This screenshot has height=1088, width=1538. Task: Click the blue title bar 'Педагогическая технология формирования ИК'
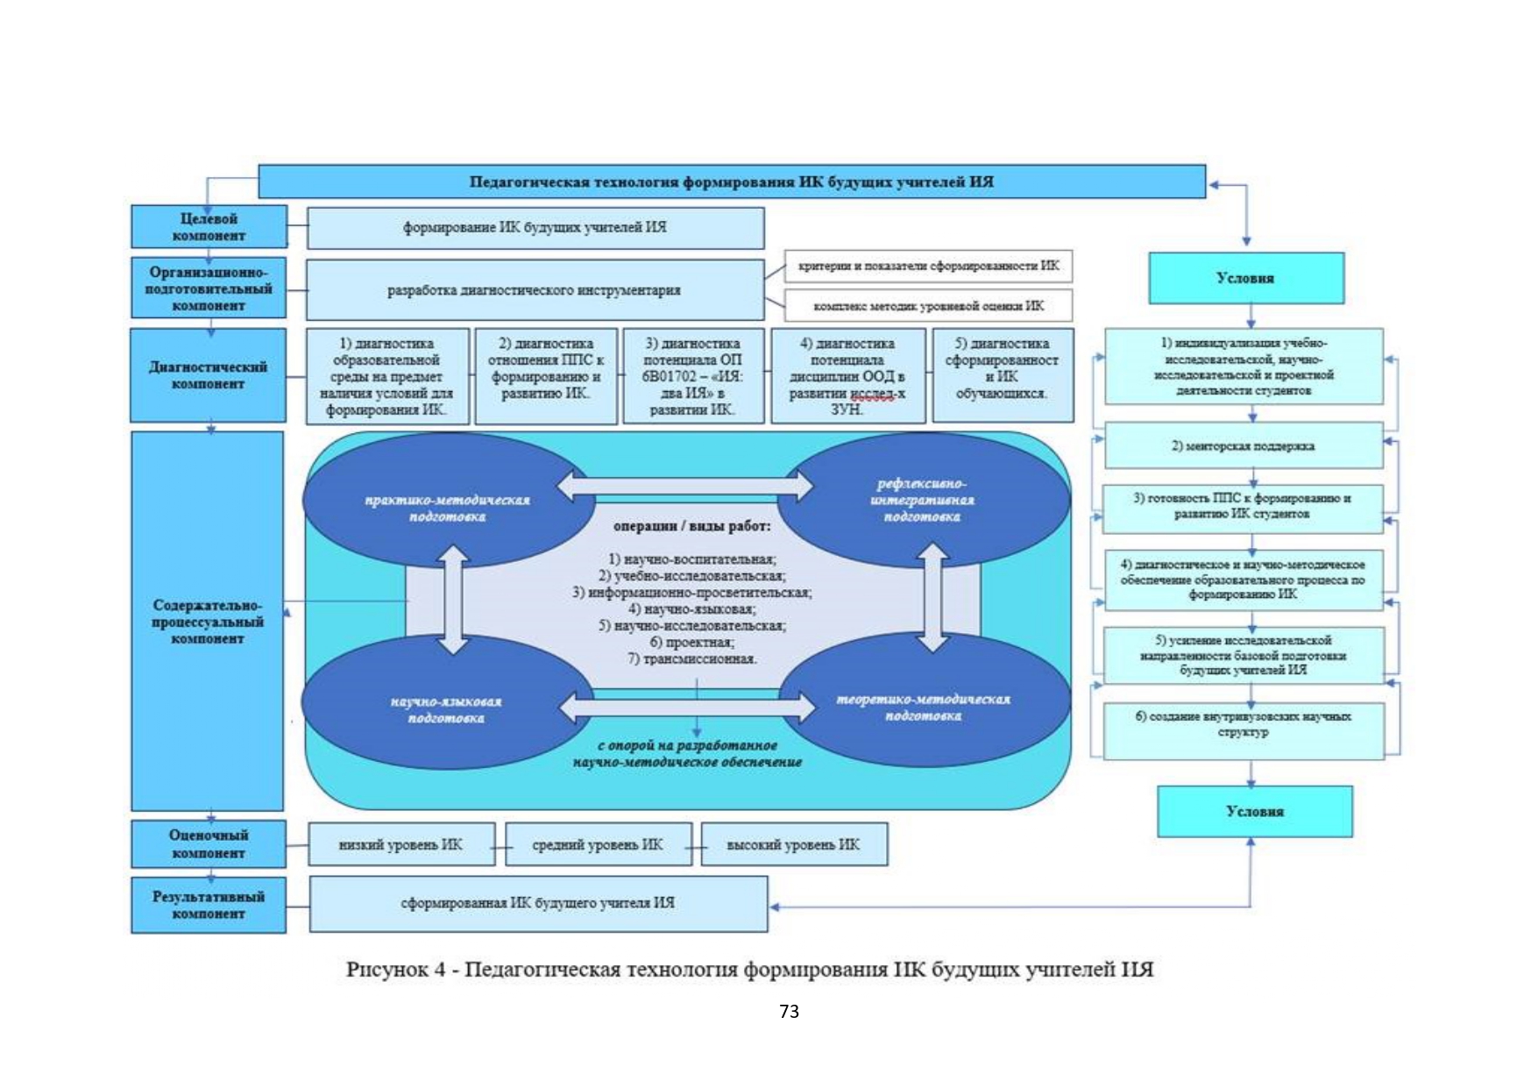(x=731, y=181)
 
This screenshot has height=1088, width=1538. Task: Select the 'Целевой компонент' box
(x=209, y=227)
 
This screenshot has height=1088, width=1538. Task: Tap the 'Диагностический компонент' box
(x=209, y=375)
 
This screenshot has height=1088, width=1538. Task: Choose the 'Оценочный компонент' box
(x=209, y=843)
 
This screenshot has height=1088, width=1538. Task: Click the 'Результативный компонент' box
(x=209, y=905)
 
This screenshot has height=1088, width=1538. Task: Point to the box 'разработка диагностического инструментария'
(x=535, y=290)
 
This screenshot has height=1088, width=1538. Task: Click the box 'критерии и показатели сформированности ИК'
(x=928, y=266)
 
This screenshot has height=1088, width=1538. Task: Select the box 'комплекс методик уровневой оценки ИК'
(x=928, y=306)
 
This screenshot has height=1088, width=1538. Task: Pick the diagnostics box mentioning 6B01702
(x=692, y=376)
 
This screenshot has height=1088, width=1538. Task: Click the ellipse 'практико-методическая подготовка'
(x=447, y=508)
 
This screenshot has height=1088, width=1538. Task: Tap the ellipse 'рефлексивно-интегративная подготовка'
(x=922, y=500)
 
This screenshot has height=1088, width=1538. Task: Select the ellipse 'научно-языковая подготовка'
(x=446, y=709)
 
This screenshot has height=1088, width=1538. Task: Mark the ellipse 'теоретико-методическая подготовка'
(x=923, y=708)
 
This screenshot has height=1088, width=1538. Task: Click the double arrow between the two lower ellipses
(x=687, y=707)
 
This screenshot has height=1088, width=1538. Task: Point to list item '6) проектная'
(x=692, y=643)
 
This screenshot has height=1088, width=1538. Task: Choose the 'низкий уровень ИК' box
(x=400, y=844)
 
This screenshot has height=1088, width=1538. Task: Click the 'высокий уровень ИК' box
(x=794, y=844)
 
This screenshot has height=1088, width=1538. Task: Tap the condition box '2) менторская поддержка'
(x=1243, y=446)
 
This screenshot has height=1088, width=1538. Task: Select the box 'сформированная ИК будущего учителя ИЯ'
(x=538, y=903)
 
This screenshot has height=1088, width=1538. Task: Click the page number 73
(x=789, y=1012)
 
